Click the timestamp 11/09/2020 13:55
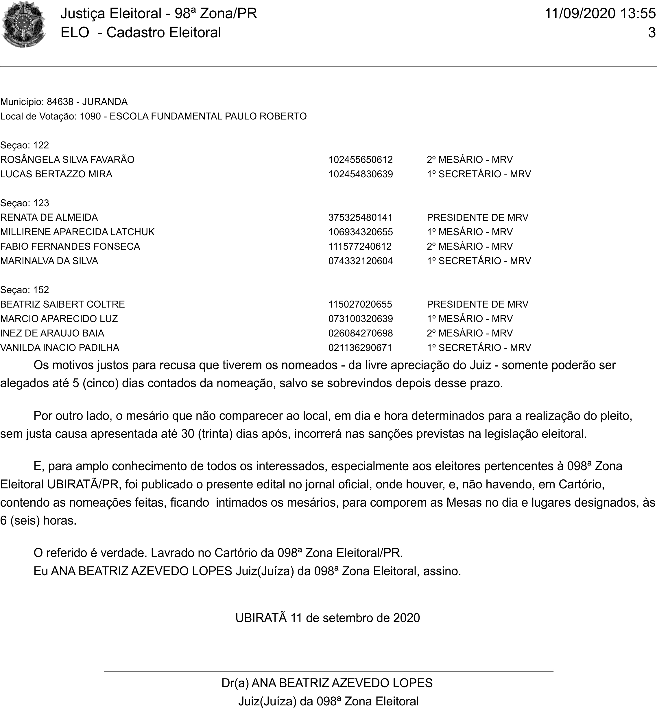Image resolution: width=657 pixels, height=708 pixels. click(x=600, y=14)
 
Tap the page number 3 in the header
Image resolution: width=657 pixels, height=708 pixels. click(x=651, y=33)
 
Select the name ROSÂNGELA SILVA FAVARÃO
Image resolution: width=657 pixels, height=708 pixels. click(x=67, y=160)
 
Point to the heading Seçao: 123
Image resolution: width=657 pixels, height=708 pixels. click(x=25, y=203)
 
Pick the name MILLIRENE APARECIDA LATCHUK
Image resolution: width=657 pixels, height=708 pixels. click(x=77, y=232)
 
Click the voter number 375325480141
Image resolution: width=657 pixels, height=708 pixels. click(x=361, y=217)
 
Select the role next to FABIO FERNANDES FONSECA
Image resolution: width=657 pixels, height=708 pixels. click(x=470, y=247)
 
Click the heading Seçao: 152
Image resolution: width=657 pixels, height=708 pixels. click(x=25, y=290)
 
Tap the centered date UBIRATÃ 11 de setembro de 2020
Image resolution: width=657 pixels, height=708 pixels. click(x=327, y=618)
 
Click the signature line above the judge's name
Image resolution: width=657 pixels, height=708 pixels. click(x=328, y=671)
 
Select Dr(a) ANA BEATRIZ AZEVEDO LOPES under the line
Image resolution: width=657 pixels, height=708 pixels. click(x=327, y=683)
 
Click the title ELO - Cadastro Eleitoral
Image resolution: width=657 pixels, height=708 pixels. click(x=141, y=33)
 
